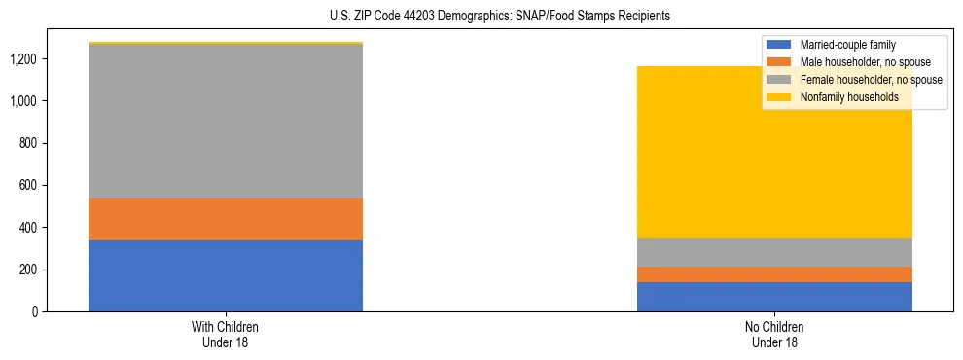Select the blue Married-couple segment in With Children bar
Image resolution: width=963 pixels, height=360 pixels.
click(226, 275)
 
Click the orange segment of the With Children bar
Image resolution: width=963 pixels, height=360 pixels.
click(226, 219)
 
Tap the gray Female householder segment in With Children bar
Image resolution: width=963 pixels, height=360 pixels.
click(226, 122)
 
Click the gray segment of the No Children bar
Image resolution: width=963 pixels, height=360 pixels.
click(774, 252)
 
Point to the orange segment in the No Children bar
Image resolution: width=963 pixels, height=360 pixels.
click(774, 274)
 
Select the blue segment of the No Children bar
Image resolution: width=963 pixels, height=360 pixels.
click(774, 297)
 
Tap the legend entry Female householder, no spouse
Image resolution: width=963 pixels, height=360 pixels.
click(870, 80)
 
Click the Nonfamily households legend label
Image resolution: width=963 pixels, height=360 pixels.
click(848, 97)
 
